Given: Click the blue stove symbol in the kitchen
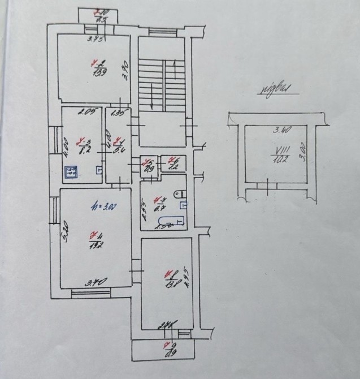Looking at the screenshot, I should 70,172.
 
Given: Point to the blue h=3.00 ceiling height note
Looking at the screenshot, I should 104,207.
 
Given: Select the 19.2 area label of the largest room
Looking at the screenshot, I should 94,242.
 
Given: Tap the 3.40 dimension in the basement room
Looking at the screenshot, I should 282,130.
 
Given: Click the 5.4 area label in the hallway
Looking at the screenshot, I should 118,146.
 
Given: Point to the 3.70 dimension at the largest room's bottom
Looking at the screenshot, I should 93,281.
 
